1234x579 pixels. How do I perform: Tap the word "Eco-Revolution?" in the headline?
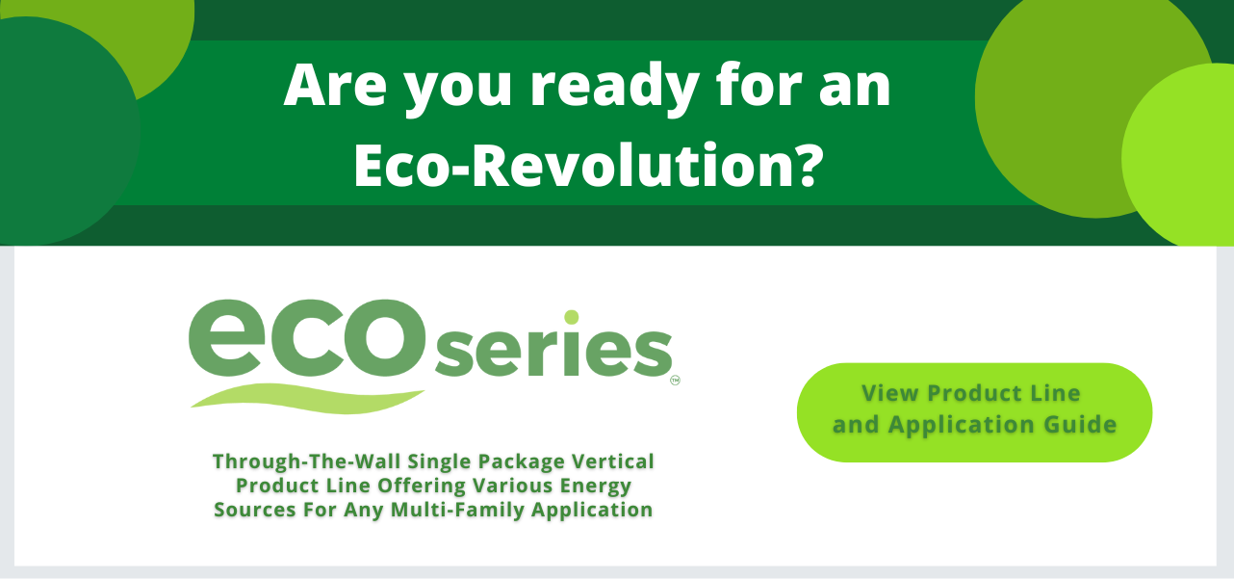(x=588, y=166)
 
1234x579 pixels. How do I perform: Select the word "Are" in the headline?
(x=335, y=85)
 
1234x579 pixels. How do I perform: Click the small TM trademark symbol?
(x=675, y=380)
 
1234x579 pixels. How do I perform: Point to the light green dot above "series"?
(x=572, y=317)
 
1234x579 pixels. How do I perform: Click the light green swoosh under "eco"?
(x=307, y=398)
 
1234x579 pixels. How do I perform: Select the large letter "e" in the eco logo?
(x=228, y=338)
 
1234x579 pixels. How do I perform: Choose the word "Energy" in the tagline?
(x=596, y=487)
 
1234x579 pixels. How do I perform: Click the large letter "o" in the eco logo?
(x=383, y=338)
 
